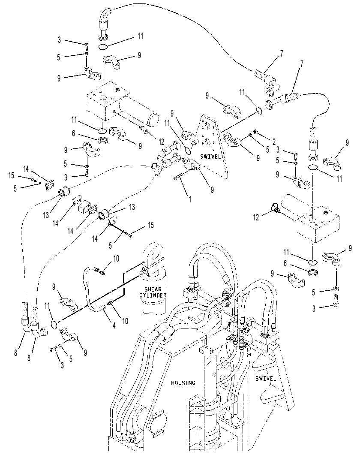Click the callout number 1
click(190, 199)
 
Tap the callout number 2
click(274, 142)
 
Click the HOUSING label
click(183, 383)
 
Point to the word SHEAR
click(153, 289)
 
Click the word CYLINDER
click(153, 295)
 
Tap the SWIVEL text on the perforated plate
click(210, 157)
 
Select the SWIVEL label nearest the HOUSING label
click(266, 378)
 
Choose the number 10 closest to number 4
click(126, 321)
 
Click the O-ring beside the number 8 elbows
click(53, 325)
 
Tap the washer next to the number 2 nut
click(251, 135)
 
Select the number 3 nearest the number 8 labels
click(62, 365)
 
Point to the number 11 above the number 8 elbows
click(47, 306)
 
